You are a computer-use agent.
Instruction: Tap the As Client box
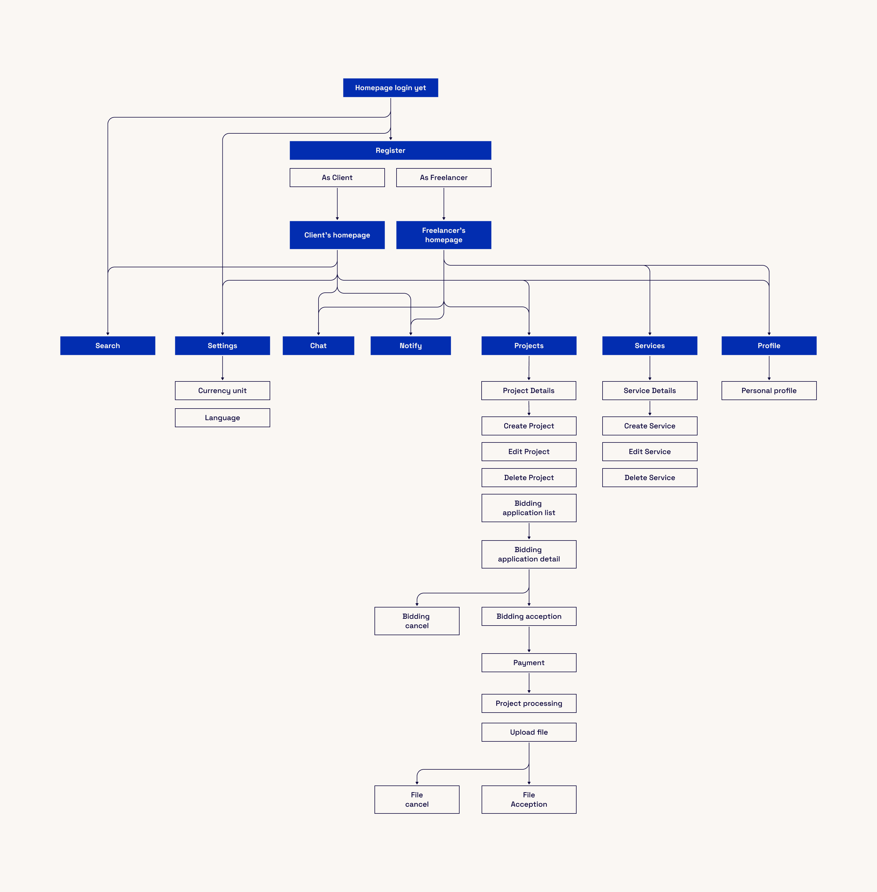point(337,177)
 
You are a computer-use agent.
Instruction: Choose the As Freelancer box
point(443,177)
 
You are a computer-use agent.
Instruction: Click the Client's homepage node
point(337,235)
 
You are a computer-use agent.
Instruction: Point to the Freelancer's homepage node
point(443,235)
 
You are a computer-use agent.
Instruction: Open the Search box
point(108,345)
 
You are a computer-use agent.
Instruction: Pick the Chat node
point(318,345)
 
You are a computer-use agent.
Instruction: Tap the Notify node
point(410,345)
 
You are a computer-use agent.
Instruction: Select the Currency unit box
point(222,390)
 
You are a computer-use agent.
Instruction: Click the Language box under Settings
point(222,418)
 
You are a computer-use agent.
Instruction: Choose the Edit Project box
point(529,451)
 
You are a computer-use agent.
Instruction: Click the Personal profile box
point(769,390)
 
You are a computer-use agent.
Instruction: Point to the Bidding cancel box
point(417,621)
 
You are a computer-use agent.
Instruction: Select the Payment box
point(529,663)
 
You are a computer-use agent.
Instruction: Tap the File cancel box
point(417,799)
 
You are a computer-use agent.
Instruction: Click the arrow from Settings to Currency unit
point(222,368)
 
